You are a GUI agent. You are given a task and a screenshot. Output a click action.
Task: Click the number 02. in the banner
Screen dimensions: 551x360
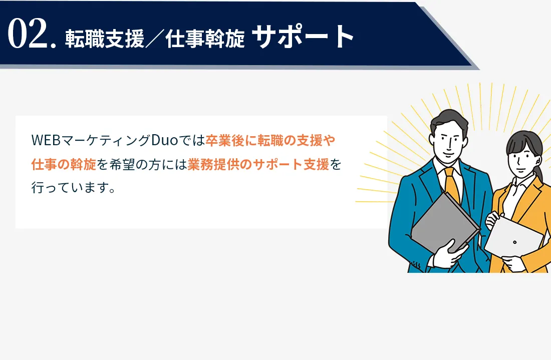click(x=32, y=34)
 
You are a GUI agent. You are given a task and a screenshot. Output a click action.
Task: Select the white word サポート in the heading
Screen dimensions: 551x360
click(x=303, y=36)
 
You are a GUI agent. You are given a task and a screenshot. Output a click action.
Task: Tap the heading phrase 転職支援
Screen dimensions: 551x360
click(x=105, y=38)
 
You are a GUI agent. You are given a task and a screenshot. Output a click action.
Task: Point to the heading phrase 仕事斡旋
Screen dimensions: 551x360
click(x=205, y=38)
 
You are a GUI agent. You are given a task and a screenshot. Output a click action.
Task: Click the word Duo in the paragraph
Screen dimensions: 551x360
click(x=165, y=140)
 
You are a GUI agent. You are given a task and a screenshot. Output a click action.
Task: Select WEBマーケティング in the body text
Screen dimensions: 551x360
click(x=91, y=140)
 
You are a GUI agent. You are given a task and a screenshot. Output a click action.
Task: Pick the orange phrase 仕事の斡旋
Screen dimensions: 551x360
click(x=64, y=164)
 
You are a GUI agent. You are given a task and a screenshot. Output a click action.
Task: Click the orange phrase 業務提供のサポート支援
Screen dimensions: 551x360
click(x=258, y=164)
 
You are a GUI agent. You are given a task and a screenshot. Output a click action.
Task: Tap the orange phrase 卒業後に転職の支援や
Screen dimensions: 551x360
click(x=270, y=140)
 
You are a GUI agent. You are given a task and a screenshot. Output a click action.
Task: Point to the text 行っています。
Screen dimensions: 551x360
click(x=74, y=188)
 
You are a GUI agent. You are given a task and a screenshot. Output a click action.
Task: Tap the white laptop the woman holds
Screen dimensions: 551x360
click(x=513, y=237)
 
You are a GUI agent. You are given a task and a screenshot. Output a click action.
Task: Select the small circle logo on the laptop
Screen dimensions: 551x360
click(x=515, y=242)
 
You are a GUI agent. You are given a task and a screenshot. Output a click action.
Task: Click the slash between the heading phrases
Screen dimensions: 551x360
click(x=155, y=39)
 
